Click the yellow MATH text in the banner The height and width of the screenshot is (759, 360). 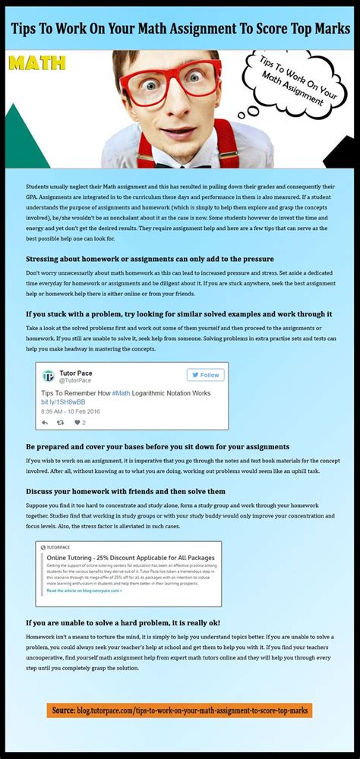36,62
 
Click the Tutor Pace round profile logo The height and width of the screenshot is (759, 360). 49,376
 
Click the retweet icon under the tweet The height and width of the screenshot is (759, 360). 61,423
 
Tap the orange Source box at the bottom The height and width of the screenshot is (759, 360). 179,710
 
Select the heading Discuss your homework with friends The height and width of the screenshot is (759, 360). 125,491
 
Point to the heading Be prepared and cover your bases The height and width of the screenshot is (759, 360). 157,446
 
